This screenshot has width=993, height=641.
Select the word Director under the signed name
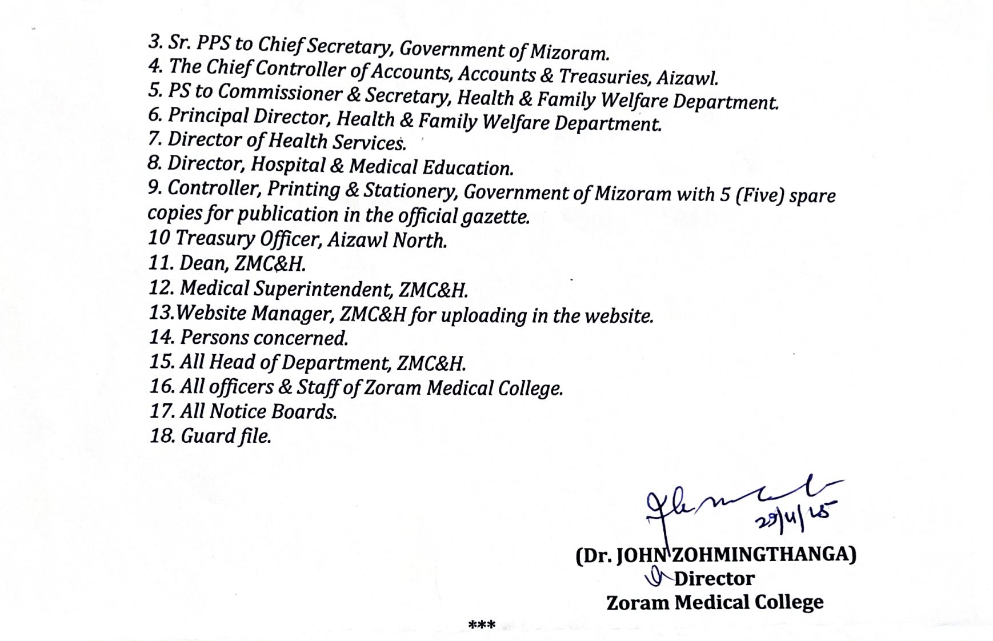tap(714, 579)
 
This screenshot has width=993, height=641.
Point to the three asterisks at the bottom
tap(482, 625)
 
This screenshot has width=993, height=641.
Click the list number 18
tap(162, 436)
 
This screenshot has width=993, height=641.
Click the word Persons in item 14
tap(214, 338)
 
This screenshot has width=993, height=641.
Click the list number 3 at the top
tap(154, 42)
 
